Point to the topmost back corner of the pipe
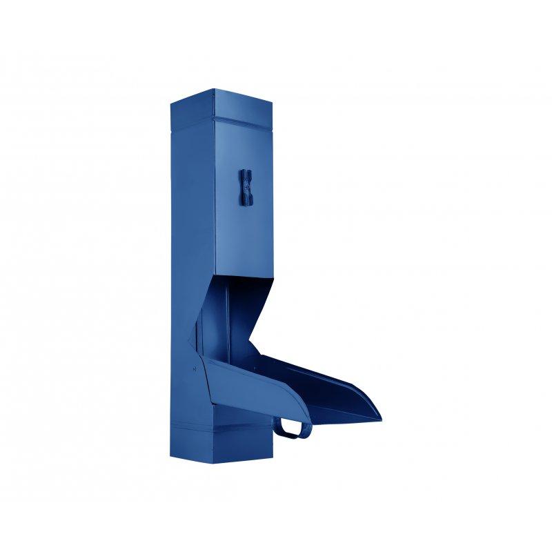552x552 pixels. click(214, 89)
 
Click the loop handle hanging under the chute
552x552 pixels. click(293, 429)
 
